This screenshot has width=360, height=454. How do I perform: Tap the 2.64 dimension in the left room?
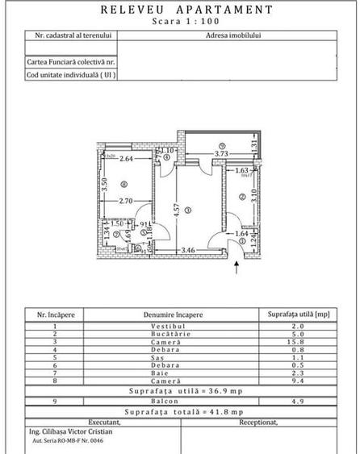click(126, 159)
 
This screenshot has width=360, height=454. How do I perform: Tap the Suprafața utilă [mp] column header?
click(299, 314)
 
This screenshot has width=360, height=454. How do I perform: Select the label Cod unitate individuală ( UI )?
click(70, 74)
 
